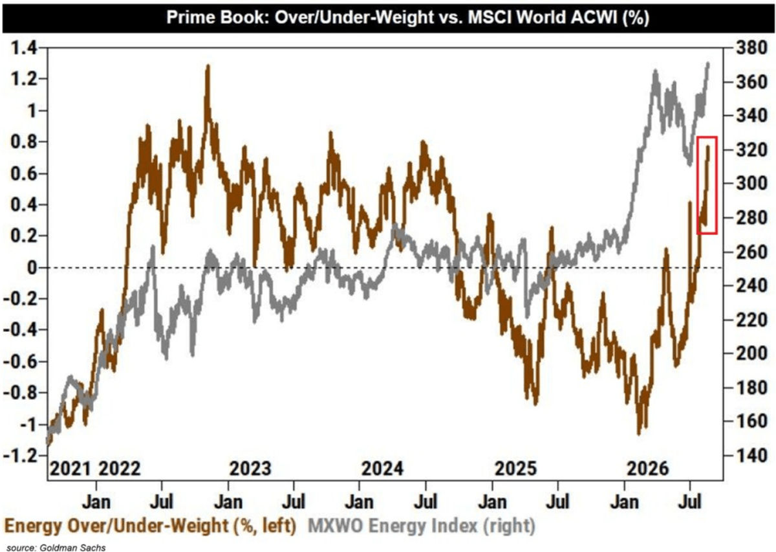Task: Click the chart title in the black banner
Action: click(407, 17)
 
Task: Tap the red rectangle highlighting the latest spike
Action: click(697, 185)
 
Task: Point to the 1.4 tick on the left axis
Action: click(24, 47)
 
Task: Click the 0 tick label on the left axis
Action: click(32, 268)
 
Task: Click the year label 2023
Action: click(250, 469)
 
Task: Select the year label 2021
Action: click(70, 469)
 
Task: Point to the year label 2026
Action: click(648, 469)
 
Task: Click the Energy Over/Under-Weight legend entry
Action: click(151, 526)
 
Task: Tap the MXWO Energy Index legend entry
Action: click(422, 526)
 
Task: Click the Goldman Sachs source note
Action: click(56, 547)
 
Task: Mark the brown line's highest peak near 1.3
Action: click(208, 66)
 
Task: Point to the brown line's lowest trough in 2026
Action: click(639, 434)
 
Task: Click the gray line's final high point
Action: click(707, 64)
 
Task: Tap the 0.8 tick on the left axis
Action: click(24, 142)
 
